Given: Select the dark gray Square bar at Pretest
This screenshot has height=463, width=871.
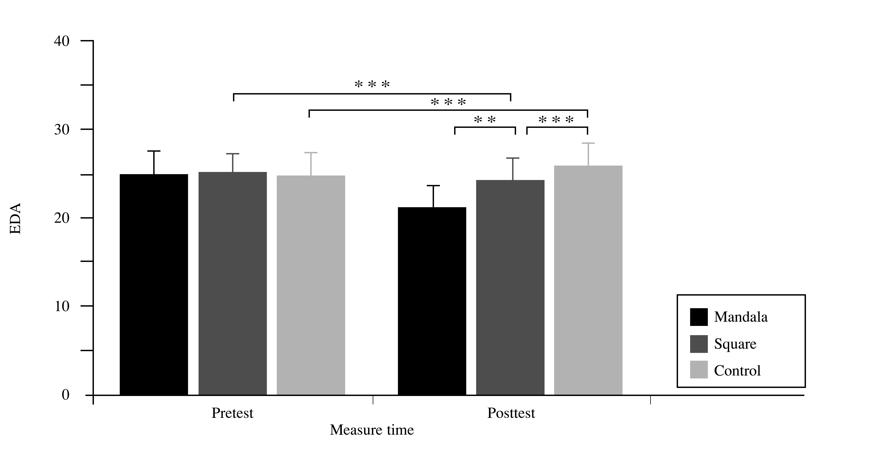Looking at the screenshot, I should point(233,283).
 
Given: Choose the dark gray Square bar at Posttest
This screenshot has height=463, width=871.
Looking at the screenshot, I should point(510,287).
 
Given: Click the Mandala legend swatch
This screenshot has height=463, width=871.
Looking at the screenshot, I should point(699,317).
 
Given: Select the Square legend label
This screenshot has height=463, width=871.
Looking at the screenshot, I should point(735,344).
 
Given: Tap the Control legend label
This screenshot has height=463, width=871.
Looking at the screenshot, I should point(737,371).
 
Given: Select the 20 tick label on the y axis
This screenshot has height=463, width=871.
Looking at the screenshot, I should point(62,218).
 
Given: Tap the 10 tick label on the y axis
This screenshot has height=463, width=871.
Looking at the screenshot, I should point(62,306).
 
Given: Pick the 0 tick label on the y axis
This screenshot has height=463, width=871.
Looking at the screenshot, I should point(66,395).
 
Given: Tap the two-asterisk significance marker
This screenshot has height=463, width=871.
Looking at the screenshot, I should point(485,120).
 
